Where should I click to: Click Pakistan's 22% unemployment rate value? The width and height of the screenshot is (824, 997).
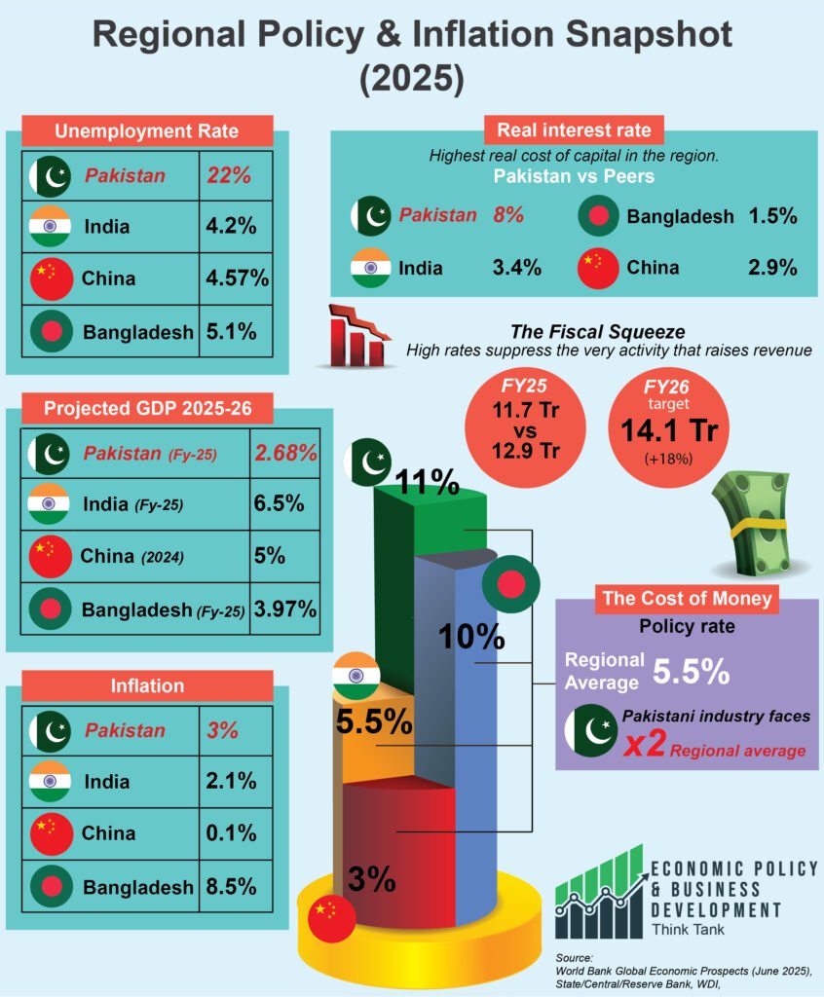[x=229, y=176]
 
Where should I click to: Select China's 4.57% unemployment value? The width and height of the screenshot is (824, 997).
[x=237, y=278]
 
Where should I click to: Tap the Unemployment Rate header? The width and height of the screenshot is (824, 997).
[x=146, y=131]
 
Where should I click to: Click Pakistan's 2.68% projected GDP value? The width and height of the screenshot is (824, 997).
[x=285, y=453]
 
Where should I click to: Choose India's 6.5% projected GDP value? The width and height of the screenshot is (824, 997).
[x=281, y=504]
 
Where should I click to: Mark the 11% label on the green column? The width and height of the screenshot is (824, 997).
[x=426, y=480]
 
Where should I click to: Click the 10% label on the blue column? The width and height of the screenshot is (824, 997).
[x=470, y=637]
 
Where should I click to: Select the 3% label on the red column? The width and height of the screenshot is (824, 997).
[x=371, y=879]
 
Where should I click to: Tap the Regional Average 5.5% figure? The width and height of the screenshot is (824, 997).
[x=691, y=671]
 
